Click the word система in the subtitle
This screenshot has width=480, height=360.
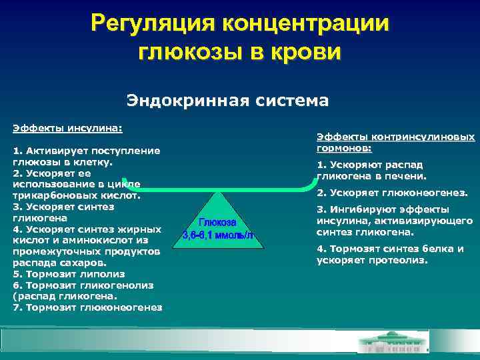(291, 101)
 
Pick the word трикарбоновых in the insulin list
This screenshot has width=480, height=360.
(47, 196)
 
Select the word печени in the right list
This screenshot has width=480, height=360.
(403, 177)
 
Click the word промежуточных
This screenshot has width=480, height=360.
(49, 251)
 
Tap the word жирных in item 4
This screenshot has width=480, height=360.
(143, 229)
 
